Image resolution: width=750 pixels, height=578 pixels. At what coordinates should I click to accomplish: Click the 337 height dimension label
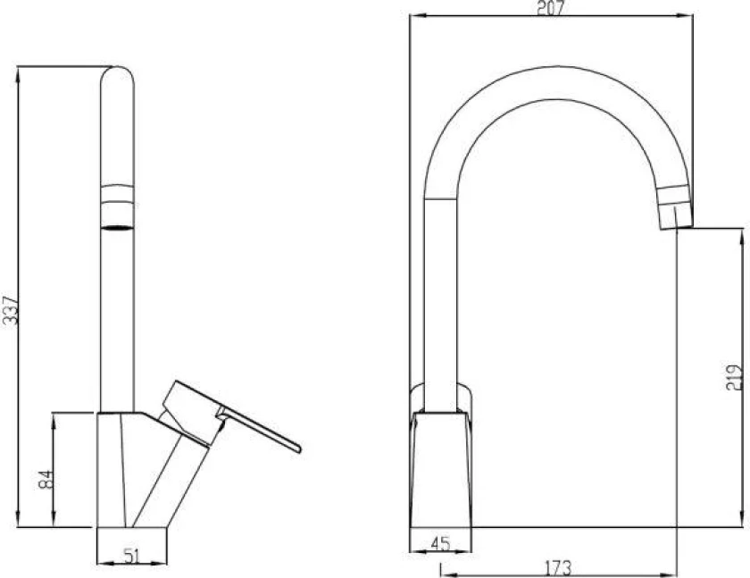11,311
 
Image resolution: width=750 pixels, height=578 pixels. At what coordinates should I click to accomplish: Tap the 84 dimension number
46,479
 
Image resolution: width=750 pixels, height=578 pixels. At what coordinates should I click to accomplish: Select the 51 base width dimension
132,556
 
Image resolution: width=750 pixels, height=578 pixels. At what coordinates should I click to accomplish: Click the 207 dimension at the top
551,8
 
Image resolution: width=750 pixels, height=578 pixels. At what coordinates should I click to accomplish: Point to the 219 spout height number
734,378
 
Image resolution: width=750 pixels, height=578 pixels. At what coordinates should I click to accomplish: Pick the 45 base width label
440,543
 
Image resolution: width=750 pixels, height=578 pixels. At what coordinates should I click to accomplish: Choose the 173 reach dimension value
558,568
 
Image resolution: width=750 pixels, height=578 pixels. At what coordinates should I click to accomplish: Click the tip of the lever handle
299,448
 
